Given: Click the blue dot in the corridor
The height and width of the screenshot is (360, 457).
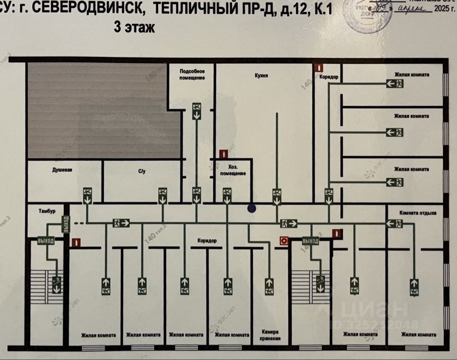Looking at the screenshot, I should point(251,208).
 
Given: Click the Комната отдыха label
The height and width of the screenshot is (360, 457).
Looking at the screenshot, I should point(418,213).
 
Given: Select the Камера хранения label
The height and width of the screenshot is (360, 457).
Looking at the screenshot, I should point(270,335).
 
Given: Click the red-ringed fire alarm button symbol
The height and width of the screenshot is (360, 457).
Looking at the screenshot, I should point(284,241).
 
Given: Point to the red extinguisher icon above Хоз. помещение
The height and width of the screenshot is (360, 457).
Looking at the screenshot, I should point(222,154).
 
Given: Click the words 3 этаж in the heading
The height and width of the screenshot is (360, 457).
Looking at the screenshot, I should point(134,27).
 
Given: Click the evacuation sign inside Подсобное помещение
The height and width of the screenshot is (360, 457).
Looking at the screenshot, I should point(196,110).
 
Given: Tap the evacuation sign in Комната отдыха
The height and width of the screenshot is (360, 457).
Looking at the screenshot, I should point(395,223).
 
